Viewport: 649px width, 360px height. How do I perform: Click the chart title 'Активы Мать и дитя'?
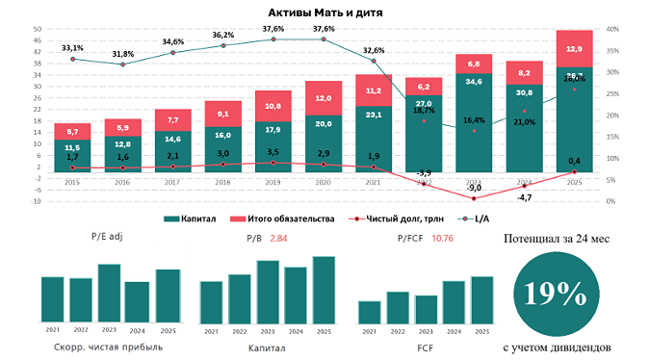[x=324, y=11]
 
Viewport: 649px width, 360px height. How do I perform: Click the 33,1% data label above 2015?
[x=72, y=48]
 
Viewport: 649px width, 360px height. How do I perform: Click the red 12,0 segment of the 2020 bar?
[x=324, y=98]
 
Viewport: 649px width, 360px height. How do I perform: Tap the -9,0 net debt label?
[x=474, y=188]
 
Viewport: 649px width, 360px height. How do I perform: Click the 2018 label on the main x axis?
[x=222, y=180]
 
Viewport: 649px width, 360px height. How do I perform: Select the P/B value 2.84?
[x=278, y=236]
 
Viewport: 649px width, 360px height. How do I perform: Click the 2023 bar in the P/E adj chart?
[x=109, y=293]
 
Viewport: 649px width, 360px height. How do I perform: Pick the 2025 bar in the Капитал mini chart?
[x=324, y=289]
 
